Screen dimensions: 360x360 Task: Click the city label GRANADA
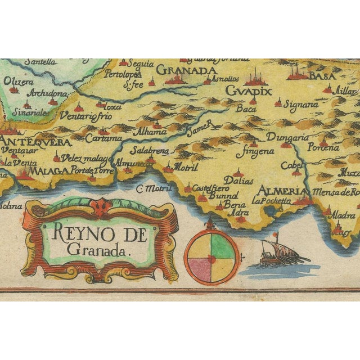[x=186, y=70]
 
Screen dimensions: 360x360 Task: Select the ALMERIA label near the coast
[x=274, y=191]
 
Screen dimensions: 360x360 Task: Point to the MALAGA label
[x=50, y=170]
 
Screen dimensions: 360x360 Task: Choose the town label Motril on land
[x=186, y=167]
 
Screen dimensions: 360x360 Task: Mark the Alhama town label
[x=137, y=132]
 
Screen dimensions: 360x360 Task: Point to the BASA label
[x=313, y=74]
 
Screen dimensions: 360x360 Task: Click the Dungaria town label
[x=287, y=137]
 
